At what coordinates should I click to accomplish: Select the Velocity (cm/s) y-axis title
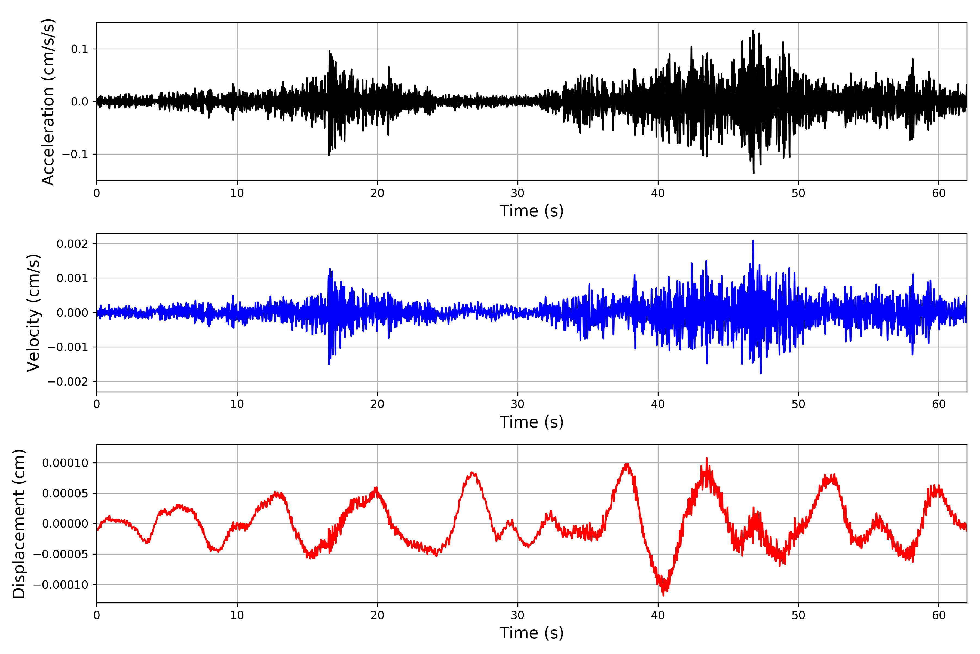tap(33, 313)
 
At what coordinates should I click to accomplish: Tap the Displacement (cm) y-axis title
tap(19, 524)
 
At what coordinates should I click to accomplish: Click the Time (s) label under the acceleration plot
tap(531, 211)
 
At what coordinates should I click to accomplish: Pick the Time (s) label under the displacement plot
tap(531, 633)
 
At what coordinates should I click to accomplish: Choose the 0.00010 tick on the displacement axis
tap(65, 463)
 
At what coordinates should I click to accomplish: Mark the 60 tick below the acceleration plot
tap(939, 193)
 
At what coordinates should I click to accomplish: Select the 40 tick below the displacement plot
tap(658, 615)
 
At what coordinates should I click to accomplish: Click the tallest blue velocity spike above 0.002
tap(753, 241)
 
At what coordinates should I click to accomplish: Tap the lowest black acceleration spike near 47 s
tap(753, 173)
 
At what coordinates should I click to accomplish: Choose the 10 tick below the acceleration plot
tap(237, 193)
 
